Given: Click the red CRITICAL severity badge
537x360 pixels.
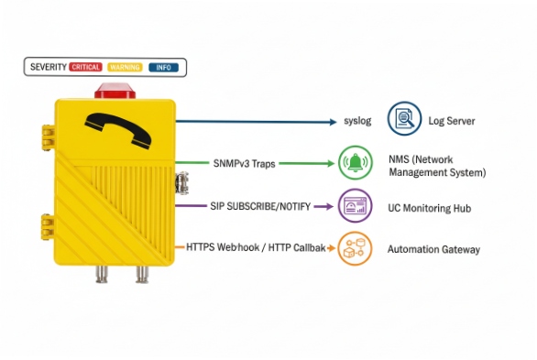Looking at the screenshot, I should tap(86, 67).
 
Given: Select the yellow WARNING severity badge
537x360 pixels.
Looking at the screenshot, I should tap(125, 67).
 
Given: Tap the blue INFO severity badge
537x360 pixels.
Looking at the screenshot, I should tap(163, 67).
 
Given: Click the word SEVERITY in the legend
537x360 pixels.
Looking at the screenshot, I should tap(48, 67).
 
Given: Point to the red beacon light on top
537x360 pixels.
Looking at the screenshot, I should tap(115, 92).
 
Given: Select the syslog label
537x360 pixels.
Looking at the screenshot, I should tap(356, 121).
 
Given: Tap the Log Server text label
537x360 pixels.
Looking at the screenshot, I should tap(451, 121).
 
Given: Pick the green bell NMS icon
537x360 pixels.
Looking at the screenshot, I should tap(356, 164).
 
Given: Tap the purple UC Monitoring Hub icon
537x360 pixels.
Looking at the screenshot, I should tap(355, 206).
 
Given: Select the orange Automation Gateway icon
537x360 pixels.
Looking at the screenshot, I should tap(355, 248).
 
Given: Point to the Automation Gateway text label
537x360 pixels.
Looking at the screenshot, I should tap(433, 249).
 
